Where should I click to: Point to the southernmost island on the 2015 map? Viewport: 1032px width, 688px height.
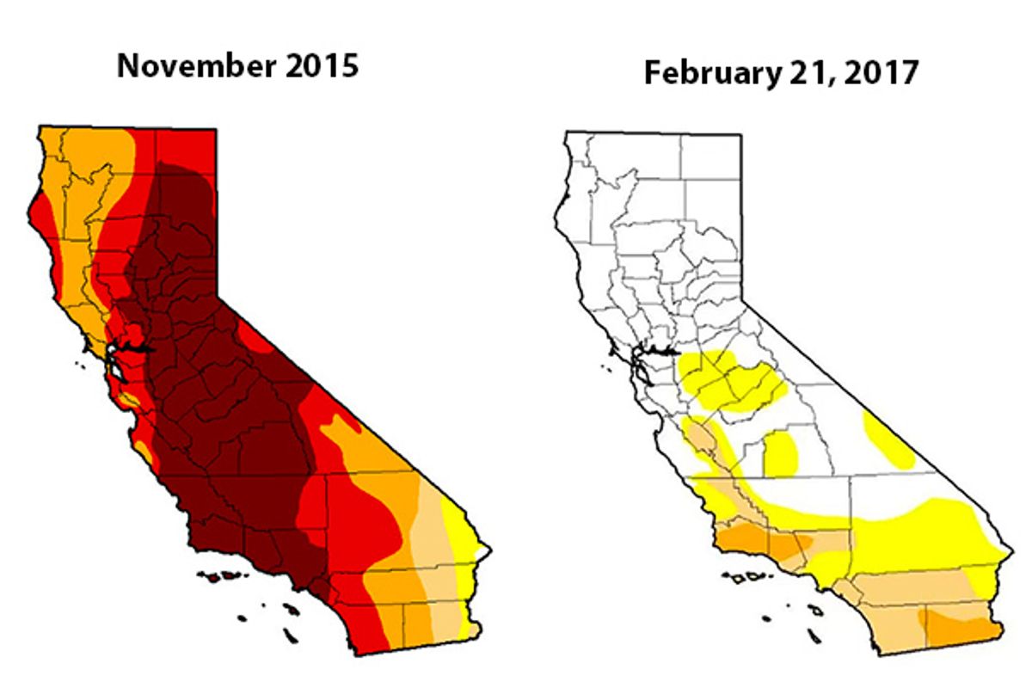point(292,637)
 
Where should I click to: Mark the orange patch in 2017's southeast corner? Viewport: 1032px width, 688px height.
point(959,628)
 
